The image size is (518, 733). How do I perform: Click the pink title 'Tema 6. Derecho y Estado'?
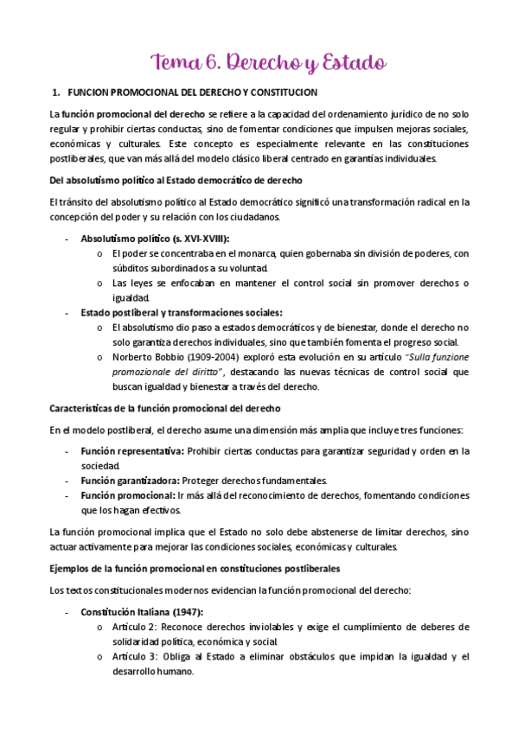(269, 62)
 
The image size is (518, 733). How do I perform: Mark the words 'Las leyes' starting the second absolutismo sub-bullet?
(130, 284)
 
